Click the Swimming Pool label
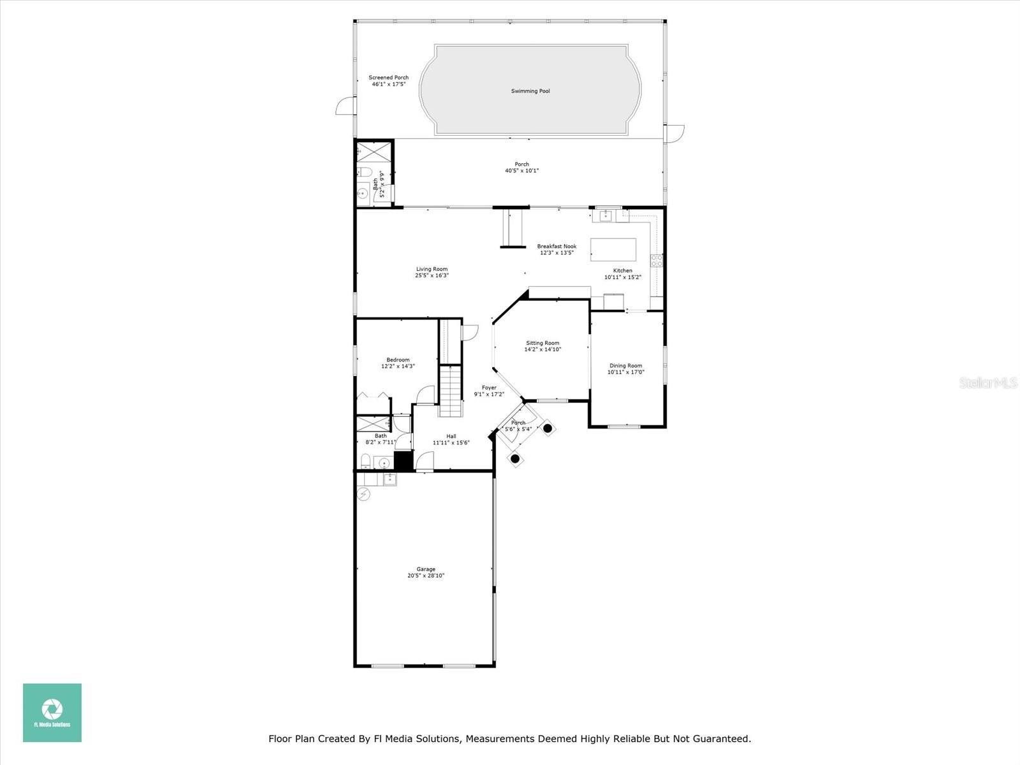coord(530,91)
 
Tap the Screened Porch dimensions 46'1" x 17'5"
coord(389,84)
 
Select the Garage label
coord(426,569)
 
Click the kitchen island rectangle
coord(613,249)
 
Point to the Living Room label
coord(432,269)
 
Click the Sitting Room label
coord(543,343)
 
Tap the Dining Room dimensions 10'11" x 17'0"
coord(625,372)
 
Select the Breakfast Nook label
coord(557,246)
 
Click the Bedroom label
coord(398,360)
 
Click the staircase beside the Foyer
coord(450,390)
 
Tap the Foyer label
coord(489,388)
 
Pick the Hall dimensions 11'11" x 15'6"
coord(451,442)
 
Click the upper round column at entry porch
coord(548,428)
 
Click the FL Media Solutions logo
coord(52,713)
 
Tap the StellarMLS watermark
coord(989,382)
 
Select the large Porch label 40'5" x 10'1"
coord(522,167)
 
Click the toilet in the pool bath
coord(364,171)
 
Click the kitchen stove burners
coord(656,260)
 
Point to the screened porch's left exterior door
coord(344,106)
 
